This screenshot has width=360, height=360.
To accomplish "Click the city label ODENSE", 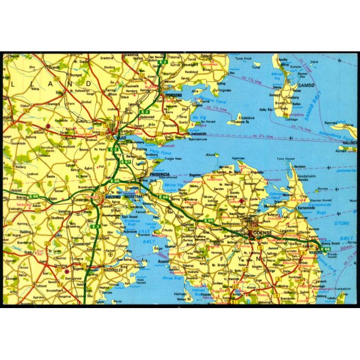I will coord(261,233).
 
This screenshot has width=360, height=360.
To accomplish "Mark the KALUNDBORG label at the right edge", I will coord(349,143).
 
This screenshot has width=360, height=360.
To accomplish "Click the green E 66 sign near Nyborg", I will coord(326,249).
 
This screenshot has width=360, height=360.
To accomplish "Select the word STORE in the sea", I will coord(342,223).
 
